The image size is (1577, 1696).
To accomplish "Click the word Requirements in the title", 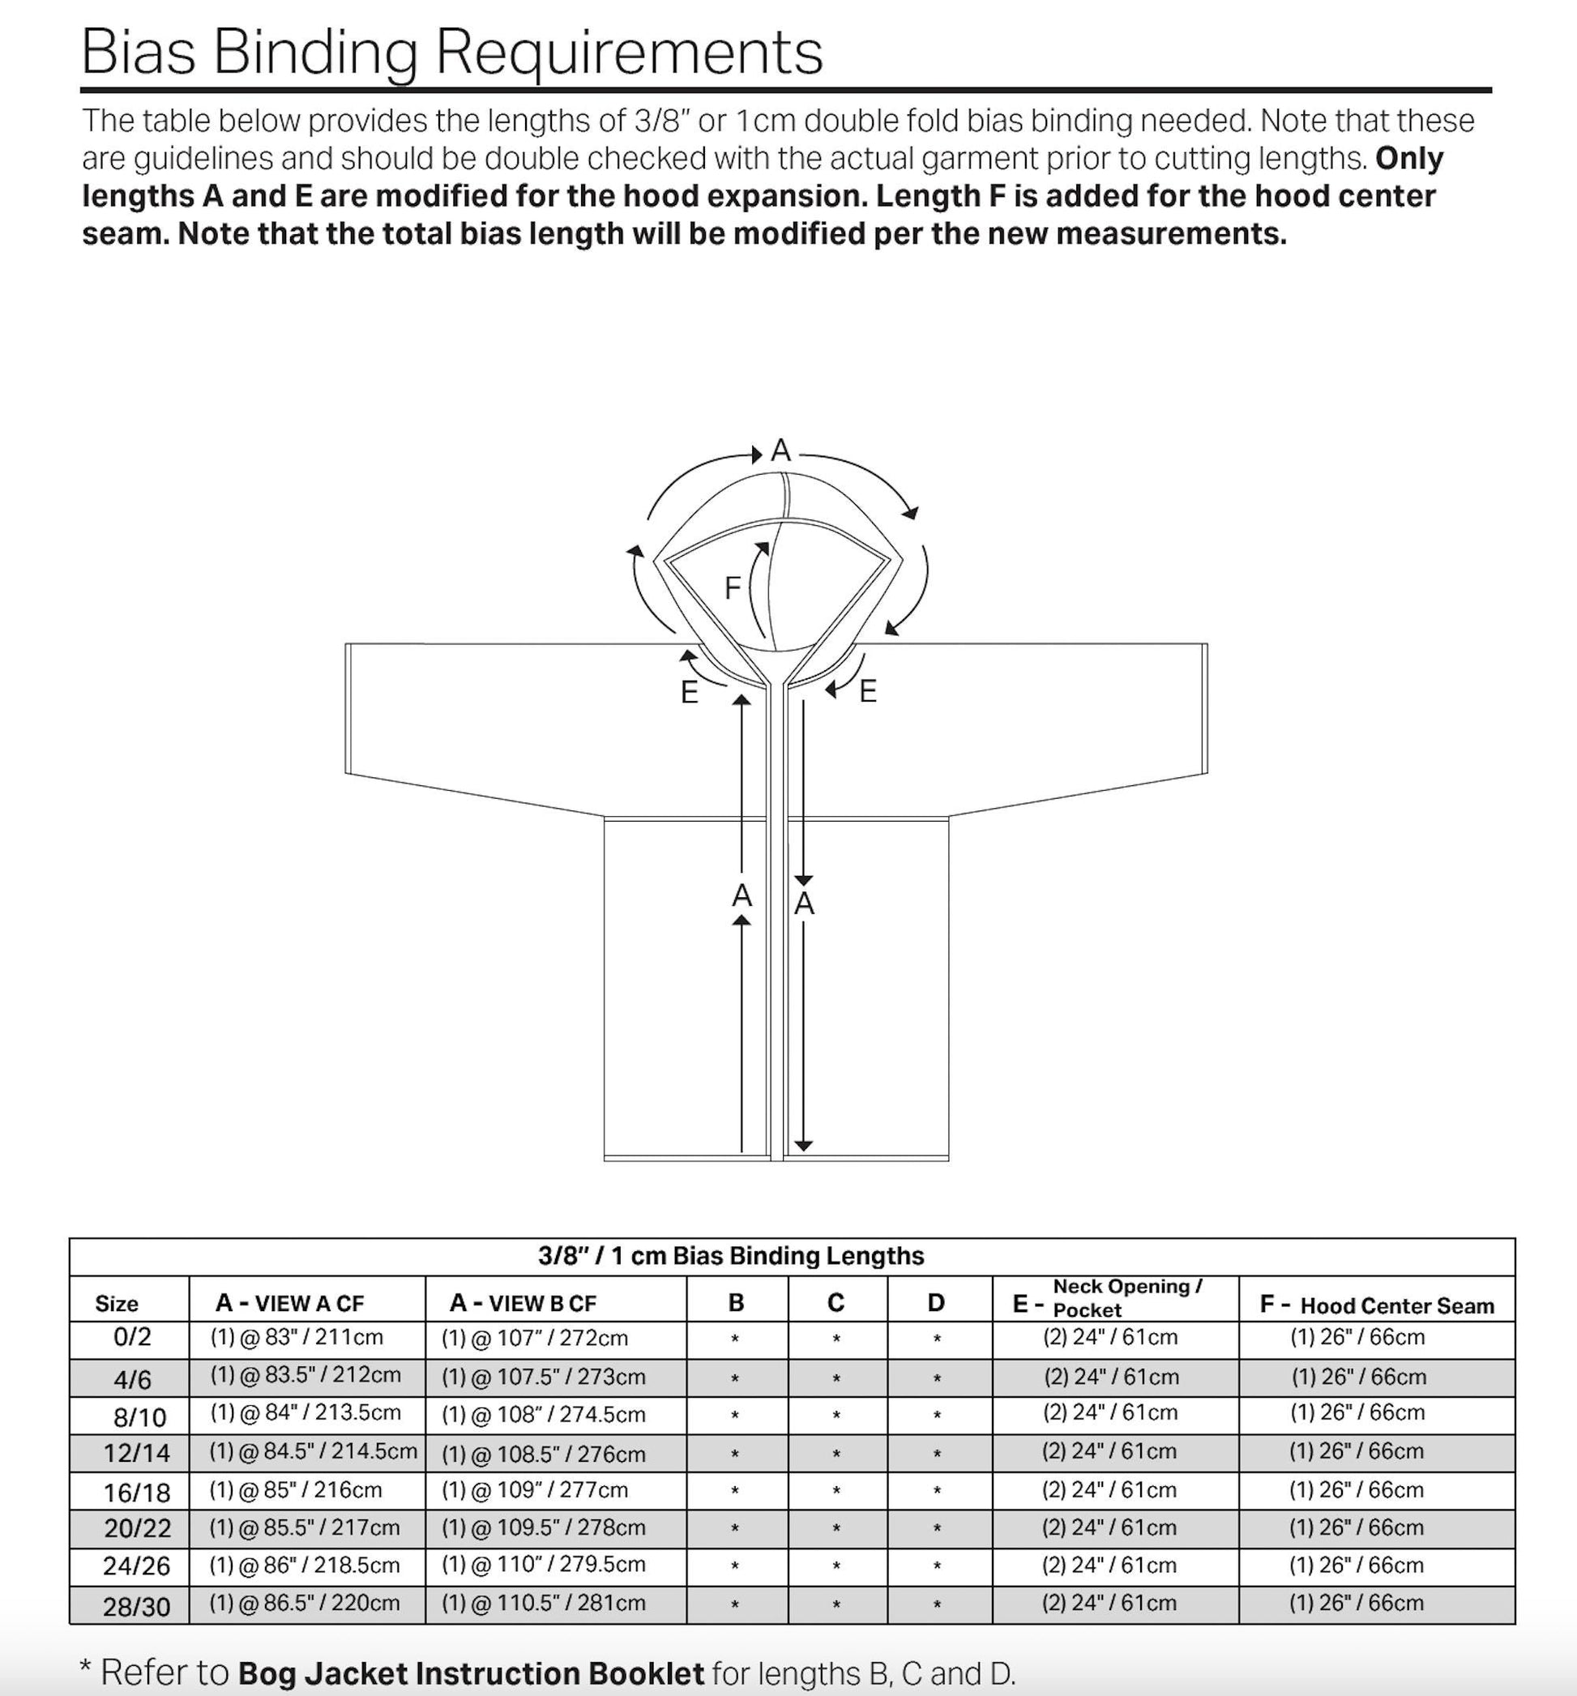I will [629, 53].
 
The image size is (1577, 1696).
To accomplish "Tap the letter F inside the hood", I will [733, 587].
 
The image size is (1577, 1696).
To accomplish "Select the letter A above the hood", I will [781, 451].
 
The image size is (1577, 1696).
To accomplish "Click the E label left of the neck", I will [690, 692].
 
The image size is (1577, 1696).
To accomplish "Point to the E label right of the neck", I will [868, 691].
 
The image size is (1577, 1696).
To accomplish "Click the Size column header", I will [117, 1304].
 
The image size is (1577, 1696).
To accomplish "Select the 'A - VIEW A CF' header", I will [289, 1303].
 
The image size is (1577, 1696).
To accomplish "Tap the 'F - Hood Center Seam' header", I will [1377, 1305].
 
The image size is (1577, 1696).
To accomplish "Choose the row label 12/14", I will [136, 1453].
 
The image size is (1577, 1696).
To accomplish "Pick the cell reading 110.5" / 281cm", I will [544, 1603].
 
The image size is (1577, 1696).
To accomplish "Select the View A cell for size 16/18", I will [296, 1489].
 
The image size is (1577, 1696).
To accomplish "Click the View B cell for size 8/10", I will [544, 1415].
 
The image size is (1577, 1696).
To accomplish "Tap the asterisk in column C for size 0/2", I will [836, 1339].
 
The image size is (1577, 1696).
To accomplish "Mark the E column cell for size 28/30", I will [1109, 1603].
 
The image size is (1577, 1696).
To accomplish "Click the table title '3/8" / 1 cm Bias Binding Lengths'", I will [731, 1256].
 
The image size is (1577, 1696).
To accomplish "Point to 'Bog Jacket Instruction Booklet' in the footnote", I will [471, 1673].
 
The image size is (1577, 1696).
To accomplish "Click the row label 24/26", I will [136, 1566].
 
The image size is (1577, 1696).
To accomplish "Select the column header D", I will [936, 1303].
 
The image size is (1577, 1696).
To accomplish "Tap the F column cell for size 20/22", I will [1356, 1527].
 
